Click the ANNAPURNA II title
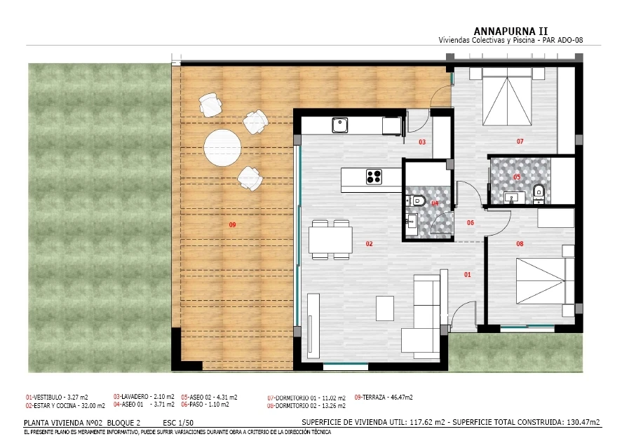[510, 32]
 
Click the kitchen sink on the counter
[339, 125]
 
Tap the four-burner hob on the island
[374, 177]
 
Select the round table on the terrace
[222, 147]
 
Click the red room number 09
[232, 225]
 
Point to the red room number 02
[369, 243]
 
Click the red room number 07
[520, 141]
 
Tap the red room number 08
[520, 243]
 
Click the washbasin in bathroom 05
[515, 197]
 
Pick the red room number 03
[422, 142]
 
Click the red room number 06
[471, 222]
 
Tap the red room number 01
[467, 275]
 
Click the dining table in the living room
[330, 240]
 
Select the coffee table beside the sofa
[385, 308]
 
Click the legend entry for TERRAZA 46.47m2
[384, 398]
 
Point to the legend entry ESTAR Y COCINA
[65, 406]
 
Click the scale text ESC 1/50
[178, 423]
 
